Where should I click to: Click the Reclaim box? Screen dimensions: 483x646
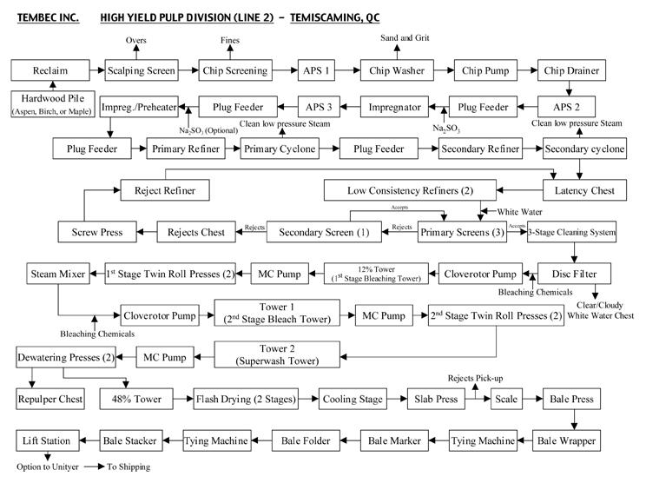pos(50,70)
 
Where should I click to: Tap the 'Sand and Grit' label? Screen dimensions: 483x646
pos(406,39)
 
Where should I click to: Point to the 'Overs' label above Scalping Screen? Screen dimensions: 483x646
pos(136,40)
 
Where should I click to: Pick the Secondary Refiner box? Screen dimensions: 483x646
pos(479,149)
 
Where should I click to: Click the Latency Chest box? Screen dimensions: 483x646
pos(583,190)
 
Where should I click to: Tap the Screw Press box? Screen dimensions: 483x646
pos(97,232)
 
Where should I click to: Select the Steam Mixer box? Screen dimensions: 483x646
pos(57,275)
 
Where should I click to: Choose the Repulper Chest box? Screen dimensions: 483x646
pos(50,400)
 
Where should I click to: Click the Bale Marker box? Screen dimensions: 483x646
pos(395,440)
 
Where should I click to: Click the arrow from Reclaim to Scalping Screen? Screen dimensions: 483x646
pos(95,70)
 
